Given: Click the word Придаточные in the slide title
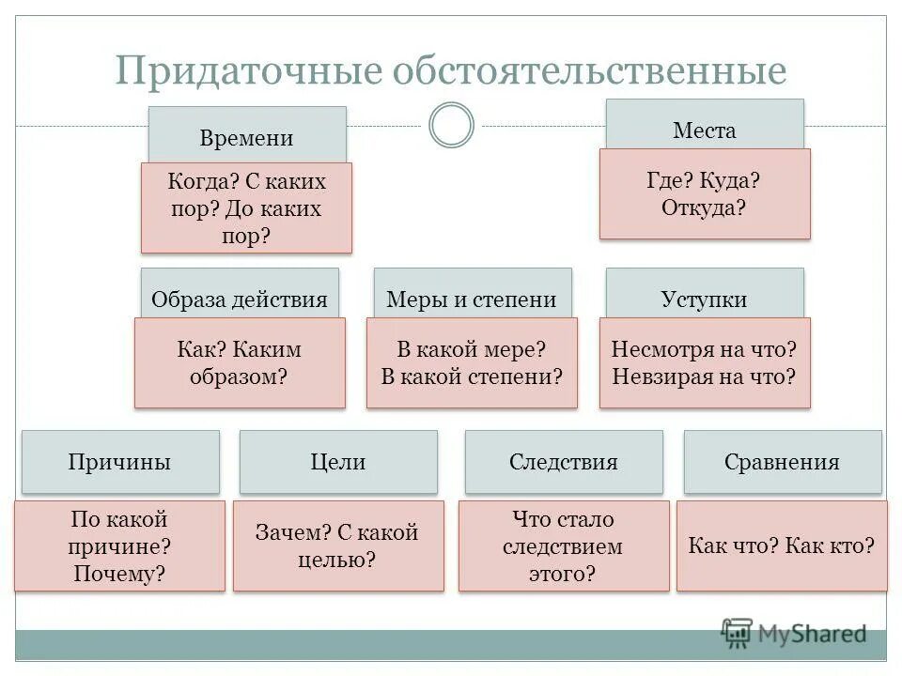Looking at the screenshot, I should pos(247,70).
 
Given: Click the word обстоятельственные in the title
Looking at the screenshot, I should pos(589,70).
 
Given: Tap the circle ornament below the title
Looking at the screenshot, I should pos(451,125).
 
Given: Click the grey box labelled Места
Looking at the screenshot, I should pos(705,127).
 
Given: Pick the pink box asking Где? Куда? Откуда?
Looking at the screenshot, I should pos(705,193).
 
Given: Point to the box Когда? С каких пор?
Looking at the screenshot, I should pos(246,207).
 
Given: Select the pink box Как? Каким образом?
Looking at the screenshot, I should pos(240,362).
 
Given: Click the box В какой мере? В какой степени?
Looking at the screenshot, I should pos(472,362).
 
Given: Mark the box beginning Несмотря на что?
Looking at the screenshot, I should pos(705,362).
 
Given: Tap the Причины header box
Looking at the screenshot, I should pos(120,461).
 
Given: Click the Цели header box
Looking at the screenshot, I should pos(338,461).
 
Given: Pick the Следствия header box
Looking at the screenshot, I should pos(564,461).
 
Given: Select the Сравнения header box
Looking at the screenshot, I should pos(783,461).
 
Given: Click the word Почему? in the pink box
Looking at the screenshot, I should pos(119,573).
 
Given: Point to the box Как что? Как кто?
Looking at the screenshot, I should pos(782,545).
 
